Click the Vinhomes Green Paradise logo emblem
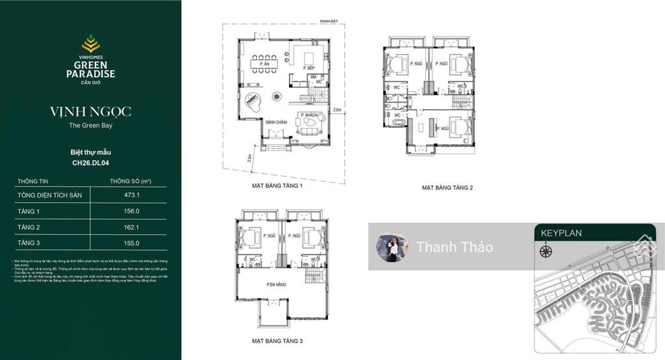tap(90, 44)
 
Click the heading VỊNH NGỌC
tap(90, 112)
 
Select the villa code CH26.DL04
tap(90, 162)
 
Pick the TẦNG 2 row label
tap(29, 227)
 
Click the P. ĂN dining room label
tap(263, 64)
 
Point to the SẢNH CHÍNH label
tap(276, 122)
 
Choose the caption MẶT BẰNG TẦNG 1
tap(277, 185)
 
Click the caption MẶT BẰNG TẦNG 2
tap(447, 187)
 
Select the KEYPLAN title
tap(561, 233)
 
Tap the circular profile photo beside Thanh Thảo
tap(392, 247)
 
